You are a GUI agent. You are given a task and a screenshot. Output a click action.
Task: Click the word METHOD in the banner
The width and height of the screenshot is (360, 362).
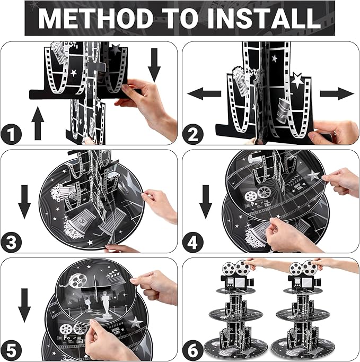95,18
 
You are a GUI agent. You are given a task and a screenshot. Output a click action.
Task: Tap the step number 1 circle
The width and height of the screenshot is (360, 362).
11,134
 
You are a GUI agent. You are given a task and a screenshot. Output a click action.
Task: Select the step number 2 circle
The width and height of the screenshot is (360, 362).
193,134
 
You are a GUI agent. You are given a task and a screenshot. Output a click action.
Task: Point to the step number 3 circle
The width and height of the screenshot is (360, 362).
11,242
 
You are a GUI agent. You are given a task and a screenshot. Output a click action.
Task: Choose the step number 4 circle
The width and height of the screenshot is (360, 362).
193,242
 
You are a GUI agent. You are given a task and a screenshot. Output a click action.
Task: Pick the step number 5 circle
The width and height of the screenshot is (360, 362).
11,350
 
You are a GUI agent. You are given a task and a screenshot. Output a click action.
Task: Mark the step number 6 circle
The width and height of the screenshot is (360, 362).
193,350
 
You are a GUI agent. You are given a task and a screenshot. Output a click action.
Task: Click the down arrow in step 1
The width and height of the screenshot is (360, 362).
154,65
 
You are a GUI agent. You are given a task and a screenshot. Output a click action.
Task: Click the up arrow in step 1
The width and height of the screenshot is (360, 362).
38,123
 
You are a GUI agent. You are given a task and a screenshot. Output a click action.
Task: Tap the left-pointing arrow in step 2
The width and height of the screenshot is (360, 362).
204,93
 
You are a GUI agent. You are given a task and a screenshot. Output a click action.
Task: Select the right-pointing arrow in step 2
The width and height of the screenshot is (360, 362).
337,93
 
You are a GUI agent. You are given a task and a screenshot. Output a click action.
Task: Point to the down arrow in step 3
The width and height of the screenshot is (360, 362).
24,202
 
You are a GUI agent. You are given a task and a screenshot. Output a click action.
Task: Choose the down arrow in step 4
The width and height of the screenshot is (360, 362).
206,202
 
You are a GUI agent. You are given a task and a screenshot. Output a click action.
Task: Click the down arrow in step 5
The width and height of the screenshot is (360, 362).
24,305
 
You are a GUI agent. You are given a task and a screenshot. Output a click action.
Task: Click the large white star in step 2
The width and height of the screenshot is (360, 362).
297,80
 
